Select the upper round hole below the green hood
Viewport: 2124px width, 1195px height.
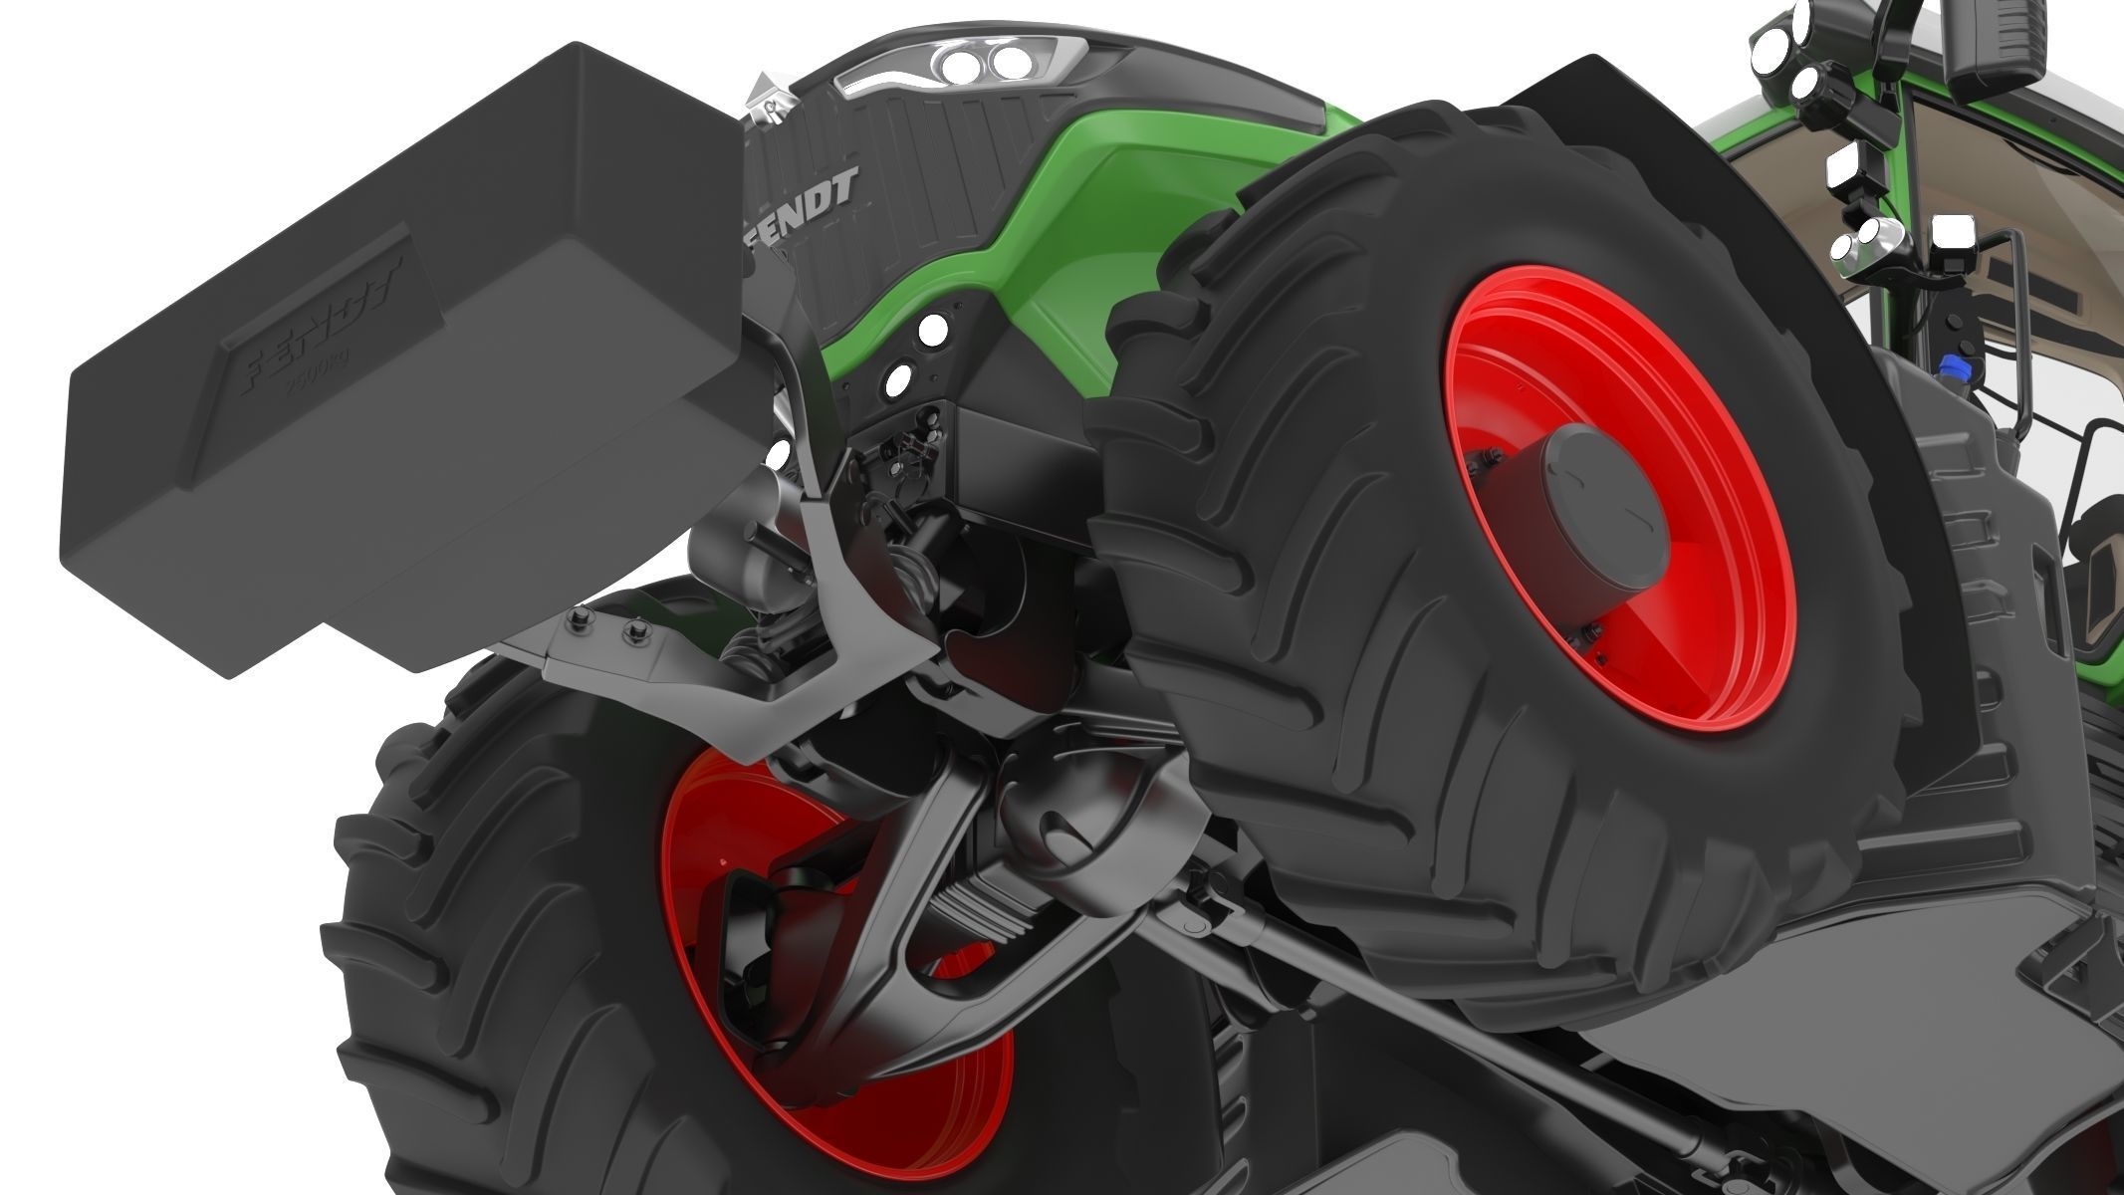point(936,330)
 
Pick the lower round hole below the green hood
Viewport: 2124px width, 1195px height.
point(898,377)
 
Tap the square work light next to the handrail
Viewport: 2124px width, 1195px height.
point(1951,239)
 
